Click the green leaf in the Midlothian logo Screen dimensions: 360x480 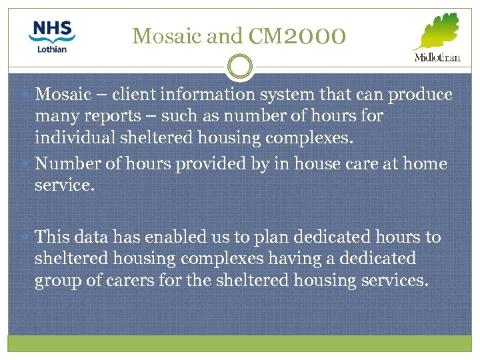point(436,31)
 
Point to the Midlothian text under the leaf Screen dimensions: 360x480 point(437,57)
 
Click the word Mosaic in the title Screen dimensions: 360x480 point(167,36)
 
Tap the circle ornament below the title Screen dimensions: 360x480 point(239,67)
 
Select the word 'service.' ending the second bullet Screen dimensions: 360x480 point(65,185)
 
